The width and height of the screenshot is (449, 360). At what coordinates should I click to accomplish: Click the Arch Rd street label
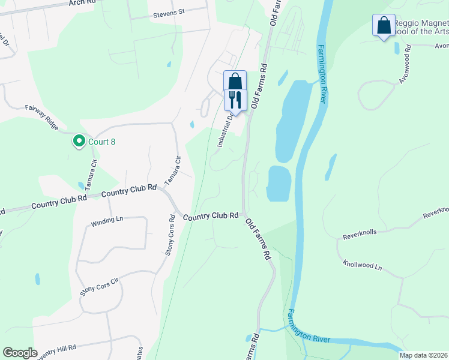tap(82, 2)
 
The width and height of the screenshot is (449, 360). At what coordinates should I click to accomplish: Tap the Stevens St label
tap(169, 13)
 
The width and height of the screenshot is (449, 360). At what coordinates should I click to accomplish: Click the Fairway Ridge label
tap(42, 117)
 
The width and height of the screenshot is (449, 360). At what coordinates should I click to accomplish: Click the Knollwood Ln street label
tap(362, 265)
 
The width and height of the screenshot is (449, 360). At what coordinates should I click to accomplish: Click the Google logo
tap(20, 353)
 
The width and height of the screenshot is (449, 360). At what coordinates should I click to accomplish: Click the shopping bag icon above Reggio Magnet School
tap(384, 26)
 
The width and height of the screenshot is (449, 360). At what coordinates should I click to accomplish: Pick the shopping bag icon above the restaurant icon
tap(235, 80)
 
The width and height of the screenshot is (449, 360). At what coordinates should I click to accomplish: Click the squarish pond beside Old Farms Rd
tap(279, 183)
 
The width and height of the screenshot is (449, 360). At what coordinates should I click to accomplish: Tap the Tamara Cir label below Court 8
tap(94, 172)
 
